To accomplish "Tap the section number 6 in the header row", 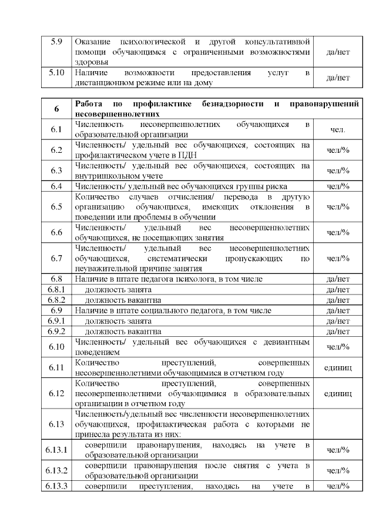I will tap(56, 109).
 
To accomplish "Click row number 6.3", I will tap(56, 170).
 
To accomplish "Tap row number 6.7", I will tap(56, 258).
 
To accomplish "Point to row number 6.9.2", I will tap(56, 332).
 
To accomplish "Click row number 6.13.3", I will tap(56, 486).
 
